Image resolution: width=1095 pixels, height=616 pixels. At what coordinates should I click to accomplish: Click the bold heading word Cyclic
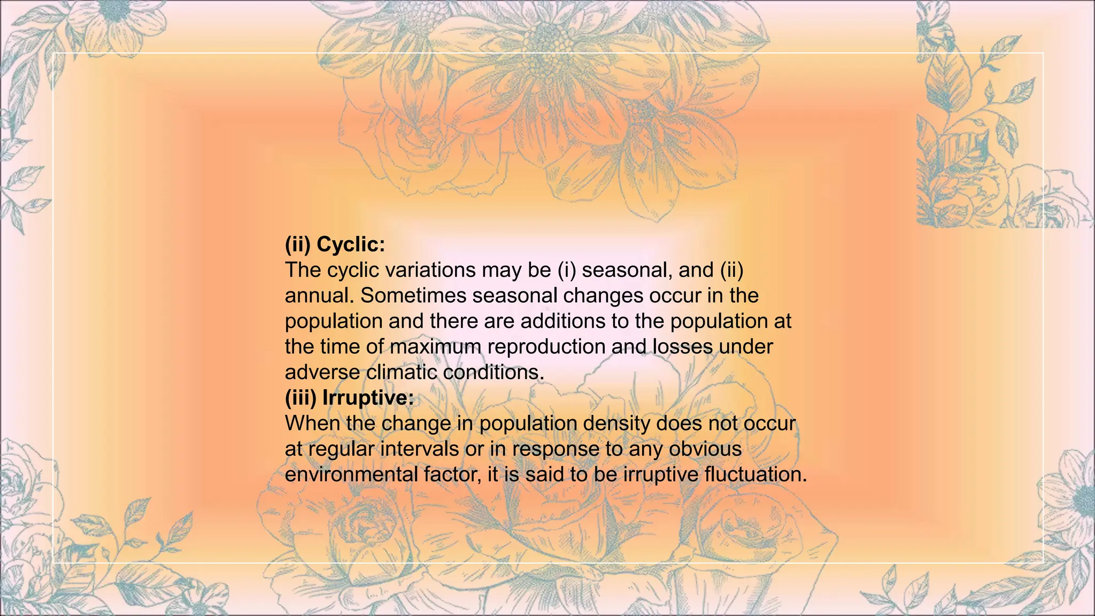(x=351, y=245)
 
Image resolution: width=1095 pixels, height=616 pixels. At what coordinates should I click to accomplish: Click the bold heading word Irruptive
(x=368, y=398)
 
